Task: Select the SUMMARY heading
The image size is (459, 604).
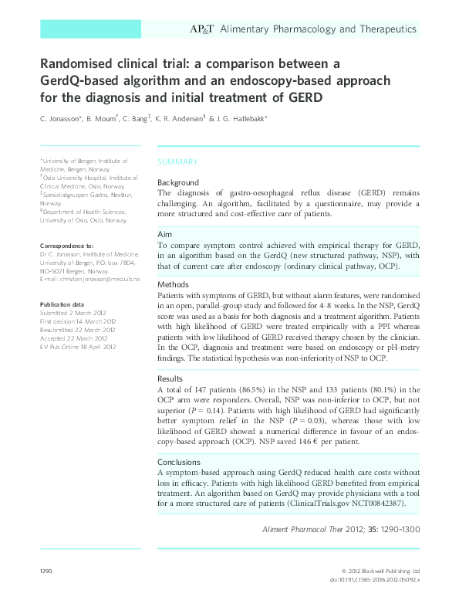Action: click(x=177, y=161)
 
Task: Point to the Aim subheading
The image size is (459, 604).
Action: click(x=165, y=233)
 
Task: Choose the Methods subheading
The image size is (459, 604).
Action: click(x=173, y=284)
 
